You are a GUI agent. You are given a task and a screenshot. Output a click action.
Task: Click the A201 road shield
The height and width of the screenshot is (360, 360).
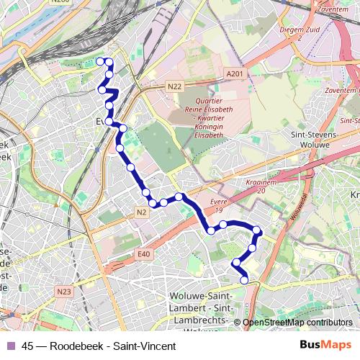click(x=234, y=74)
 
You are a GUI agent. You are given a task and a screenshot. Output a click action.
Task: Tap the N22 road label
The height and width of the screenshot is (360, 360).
click(x=174, y=86)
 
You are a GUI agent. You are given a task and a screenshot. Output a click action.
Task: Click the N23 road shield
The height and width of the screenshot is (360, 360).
click(x=64, y=292)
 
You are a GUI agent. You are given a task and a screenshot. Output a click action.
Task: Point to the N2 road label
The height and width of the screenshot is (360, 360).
click(x=140, y=212)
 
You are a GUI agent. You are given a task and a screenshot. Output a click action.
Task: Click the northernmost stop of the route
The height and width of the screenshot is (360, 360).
click(x=101, y=62)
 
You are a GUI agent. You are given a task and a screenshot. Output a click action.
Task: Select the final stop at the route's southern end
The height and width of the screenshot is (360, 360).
click(x=245, y=280)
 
